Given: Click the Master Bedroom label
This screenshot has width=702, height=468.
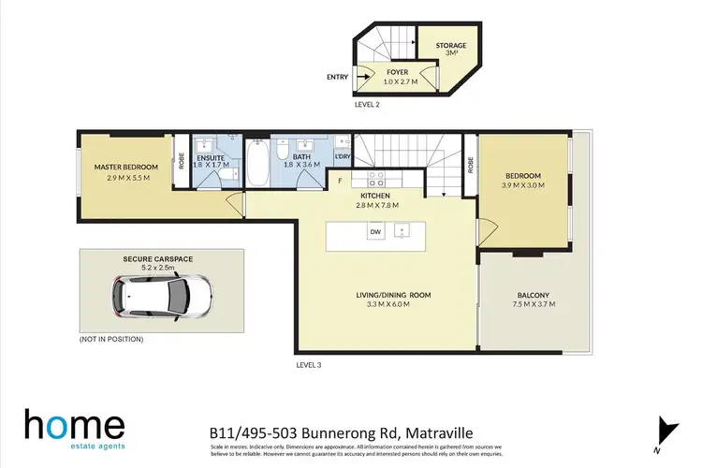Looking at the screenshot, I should pyautogui.click(x=125, y=167).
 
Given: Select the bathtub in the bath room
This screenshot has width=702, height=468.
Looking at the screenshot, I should pyautogui.click(x=258, y=168).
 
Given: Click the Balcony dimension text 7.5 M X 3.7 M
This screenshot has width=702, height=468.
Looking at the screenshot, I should pyautogui.click(x=531, y=304).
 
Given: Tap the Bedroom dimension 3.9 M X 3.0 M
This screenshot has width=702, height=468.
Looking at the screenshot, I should pyautogui.click(x=524, y=184).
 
